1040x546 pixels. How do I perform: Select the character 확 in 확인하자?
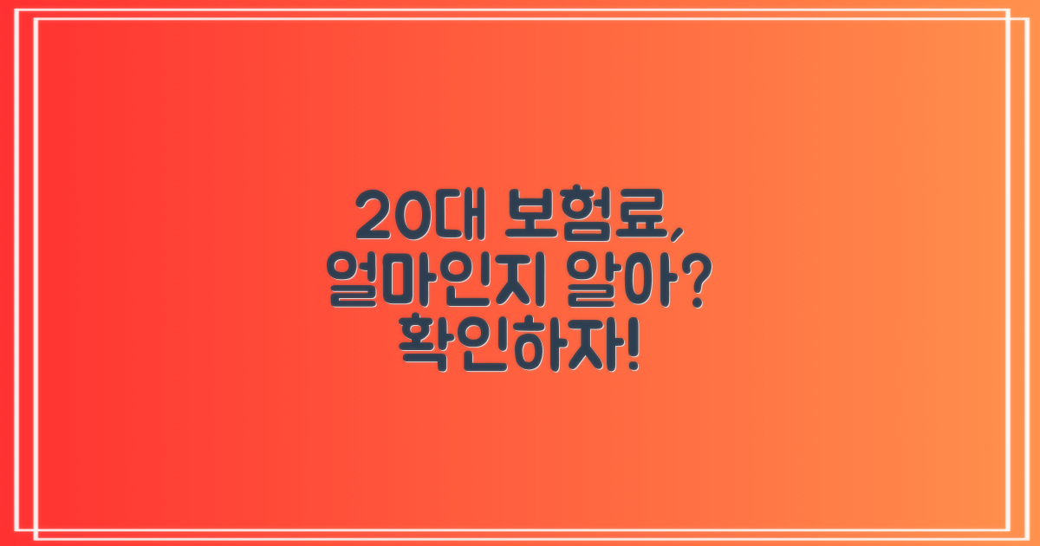(422, 344)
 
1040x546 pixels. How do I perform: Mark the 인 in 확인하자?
(473, 344)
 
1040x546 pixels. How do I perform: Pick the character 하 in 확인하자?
(525, 344)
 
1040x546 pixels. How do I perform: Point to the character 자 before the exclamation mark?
(577, 344)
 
